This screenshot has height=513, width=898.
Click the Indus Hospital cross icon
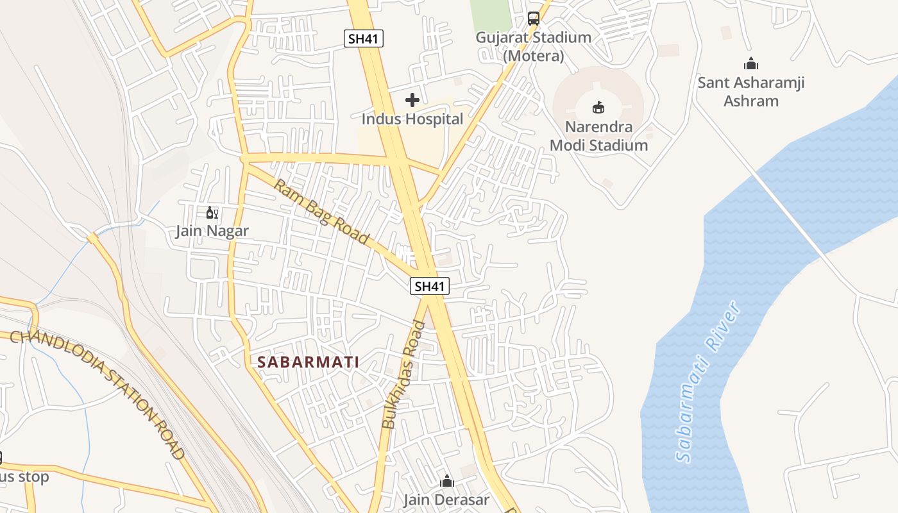click(412, 100)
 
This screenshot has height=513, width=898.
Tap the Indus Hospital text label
click(412, 119)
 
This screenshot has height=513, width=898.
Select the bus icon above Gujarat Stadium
click(534, 18)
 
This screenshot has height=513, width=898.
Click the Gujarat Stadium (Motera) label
click(533, 46)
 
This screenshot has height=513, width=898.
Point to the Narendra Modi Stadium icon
click(598, 106)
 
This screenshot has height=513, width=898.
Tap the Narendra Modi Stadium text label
click(598, 136)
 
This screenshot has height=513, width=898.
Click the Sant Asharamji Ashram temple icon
click(750, 63)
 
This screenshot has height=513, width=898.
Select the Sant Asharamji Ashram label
click(750, 92)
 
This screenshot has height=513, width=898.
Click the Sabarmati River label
click(709, 382)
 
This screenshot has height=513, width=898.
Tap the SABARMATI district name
click(308, 362)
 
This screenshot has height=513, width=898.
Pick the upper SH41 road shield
click(364, 38)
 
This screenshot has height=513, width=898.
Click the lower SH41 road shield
click(429, 287)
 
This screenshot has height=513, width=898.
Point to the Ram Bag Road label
click(322, 212)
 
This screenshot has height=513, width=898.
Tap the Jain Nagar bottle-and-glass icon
click(212, 213)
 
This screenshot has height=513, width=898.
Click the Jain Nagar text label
click(212, 231)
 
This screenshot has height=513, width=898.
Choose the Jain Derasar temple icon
click(446, 481)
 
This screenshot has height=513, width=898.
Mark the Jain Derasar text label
click(446, 500)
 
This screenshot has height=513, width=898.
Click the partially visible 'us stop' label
click(24, 477)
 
